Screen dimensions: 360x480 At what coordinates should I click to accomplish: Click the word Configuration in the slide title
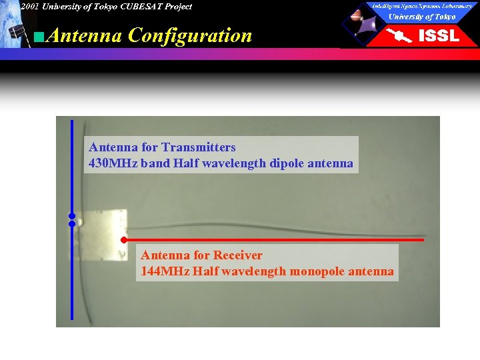[190, 35]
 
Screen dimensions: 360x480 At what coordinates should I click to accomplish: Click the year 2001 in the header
[29, 7]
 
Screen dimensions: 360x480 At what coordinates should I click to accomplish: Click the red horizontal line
[280, 239]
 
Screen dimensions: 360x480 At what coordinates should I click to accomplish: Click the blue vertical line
[72, 280]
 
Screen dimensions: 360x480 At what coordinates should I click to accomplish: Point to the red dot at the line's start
[124, 239]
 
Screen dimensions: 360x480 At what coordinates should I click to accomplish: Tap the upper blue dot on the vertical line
[71, 216]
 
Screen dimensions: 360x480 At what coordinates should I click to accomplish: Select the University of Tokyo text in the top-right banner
[422, 17]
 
